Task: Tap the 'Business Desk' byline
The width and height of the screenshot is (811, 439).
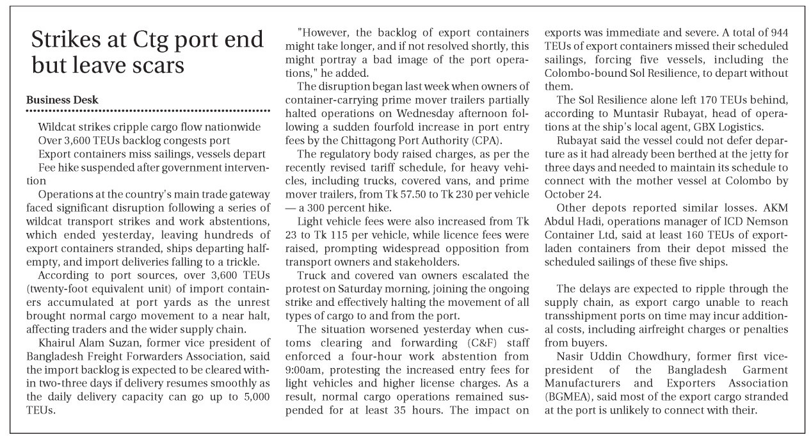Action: pos(62,100)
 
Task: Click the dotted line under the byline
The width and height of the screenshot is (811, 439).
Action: pos(147,111)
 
